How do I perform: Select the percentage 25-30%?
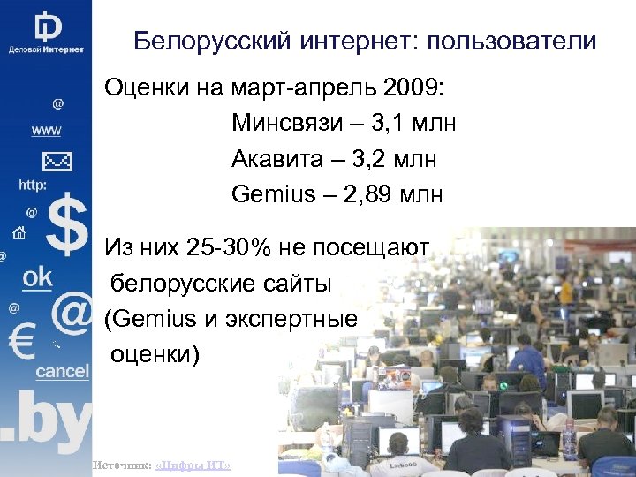click(x=232, y=247)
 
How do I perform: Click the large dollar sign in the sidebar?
click(x=67, y=226)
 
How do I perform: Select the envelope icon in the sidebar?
click(x=55, y=162)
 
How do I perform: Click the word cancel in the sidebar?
click(x=62, y=372)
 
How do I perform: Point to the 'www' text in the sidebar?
click(x=46, y=131)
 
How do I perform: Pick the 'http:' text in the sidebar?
click(x=34, y=185)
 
